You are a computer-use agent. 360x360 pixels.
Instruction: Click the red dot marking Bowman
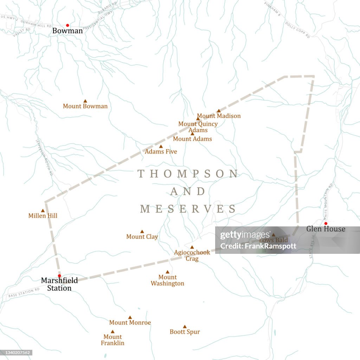click(x=67, y=25)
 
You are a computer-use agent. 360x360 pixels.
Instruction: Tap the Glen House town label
click(x=326, y=229)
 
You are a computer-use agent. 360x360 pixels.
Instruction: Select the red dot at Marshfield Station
click(x=59, y=276)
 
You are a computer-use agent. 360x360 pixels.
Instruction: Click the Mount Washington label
click(x=167, y=280)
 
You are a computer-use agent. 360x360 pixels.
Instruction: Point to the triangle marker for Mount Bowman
click(x=85, y=101)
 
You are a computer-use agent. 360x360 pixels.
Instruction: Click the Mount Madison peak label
click(x=219, y=116)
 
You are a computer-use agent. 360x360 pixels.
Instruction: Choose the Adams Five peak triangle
click(x=161, y=147)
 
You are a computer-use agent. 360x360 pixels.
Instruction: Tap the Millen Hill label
click(x=43, y=216)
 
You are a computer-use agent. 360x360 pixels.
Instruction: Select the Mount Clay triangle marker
click(x=142, y=232)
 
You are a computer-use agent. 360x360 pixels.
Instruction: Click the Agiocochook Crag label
click(x=192, y=255)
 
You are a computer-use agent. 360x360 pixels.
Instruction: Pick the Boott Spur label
click(x=185, y=332)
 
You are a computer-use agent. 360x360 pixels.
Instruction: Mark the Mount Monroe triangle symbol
click(x=130, y=317)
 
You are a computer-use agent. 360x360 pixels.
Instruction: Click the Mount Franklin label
click(x=112, y=340)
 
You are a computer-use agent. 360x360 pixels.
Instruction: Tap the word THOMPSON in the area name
click(x=188, y=174)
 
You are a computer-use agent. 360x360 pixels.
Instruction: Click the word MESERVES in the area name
click(x=188, y=209)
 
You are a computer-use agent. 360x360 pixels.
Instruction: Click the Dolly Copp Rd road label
click(x=297, y=30)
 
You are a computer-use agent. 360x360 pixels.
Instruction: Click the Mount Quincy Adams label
click(x=198, y=127)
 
